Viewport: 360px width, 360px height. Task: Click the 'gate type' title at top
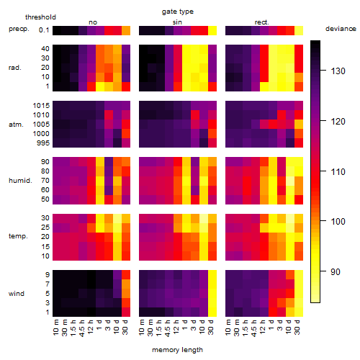(178, 12)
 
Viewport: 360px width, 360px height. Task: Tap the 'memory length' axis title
(178, 350)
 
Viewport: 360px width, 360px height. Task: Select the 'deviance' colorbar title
(341, 29)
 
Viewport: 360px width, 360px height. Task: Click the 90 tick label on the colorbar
(336, 272)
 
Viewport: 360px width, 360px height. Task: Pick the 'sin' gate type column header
(177, 22)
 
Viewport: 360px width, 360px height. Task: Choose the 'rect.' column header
(262, 22)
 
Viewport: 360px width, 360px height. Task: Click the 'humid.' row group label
(20, 181)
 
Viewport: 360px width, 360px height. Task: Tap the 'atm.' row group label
(16, 125)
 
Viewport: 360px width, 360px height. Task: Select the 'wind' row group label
(17, 294)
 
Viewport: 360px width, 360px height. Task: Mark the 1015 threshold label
(41, 105)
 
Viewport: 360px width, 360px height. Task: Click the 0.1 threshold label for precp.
(44, 30)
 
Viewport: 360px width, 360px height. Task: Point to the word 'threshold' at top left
(40, 17)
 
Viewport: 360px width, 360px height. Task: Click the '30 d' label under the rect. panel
(297, 327)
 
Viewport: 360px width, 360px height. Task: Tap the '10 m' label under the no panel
(55, 327)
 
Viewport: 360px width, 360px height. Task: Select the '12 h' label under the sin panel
(176, 327)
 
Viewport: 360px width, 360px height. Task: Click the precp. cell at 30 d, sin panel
(212, 31)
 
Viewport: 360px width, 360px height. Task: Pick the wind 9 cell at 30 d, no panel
(126, 274)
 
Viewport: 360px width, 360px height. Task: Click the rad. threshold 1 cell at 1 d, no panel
(100, 86)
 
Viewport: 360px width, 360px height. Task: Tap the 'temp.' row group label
(18, 236)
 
